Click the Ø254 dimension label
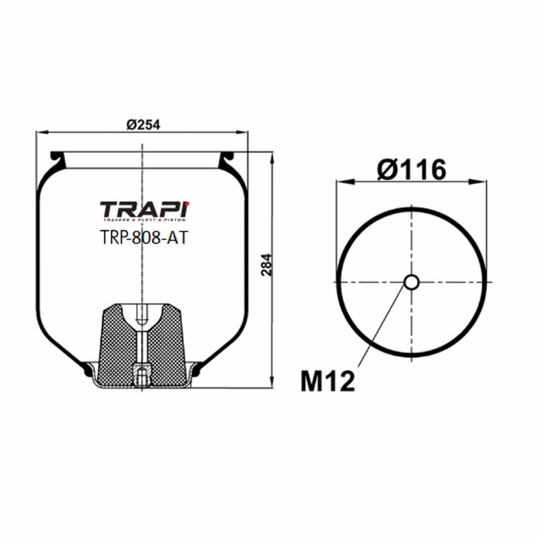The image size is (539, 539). [x=143, y=125]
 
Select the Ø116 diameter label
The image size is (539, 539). [x=411, y=170]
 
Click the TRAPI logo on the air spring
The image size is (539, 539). [x=145, y=210]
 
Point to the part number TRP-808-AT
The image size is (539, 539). [x=143, y=237]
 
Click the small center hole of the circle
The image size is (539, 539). [x=411, y=282]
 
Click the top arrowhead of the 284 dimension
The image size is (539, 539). [x=273, y=156]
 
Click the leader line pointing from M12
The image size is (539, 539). [x=383, y=326]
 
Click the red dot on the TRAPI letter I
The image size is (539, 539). [x=188, y=202]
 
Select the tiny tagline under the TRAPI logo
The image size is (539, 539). [x=145, y=220]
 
